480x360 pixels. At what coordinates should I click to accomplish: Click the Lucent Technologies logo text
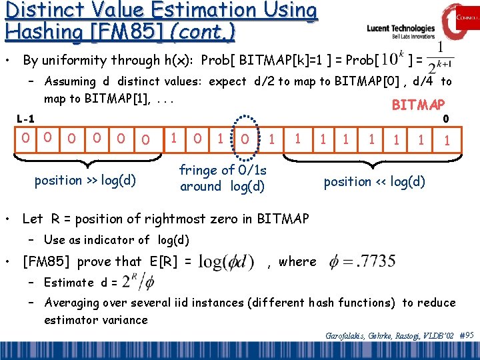[x=401, y=29]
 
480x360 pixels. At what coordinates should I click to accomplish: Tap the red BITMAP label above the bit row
[x=418, y=105]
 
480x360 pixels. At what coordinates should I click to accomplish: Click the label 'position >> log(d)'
[x=85, y=181]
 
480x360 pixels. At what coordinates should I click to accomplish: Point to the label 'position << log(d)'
[x=374, y=181]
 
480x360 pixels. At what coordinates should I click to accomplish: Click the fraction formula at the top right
[x=441, y=59]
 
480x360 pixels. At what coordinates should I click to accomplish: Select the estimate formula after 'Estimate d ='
[x=137, y=282]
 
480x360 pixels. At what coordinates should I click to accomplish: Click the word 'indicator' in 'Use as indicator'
[x=110, y=240]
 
